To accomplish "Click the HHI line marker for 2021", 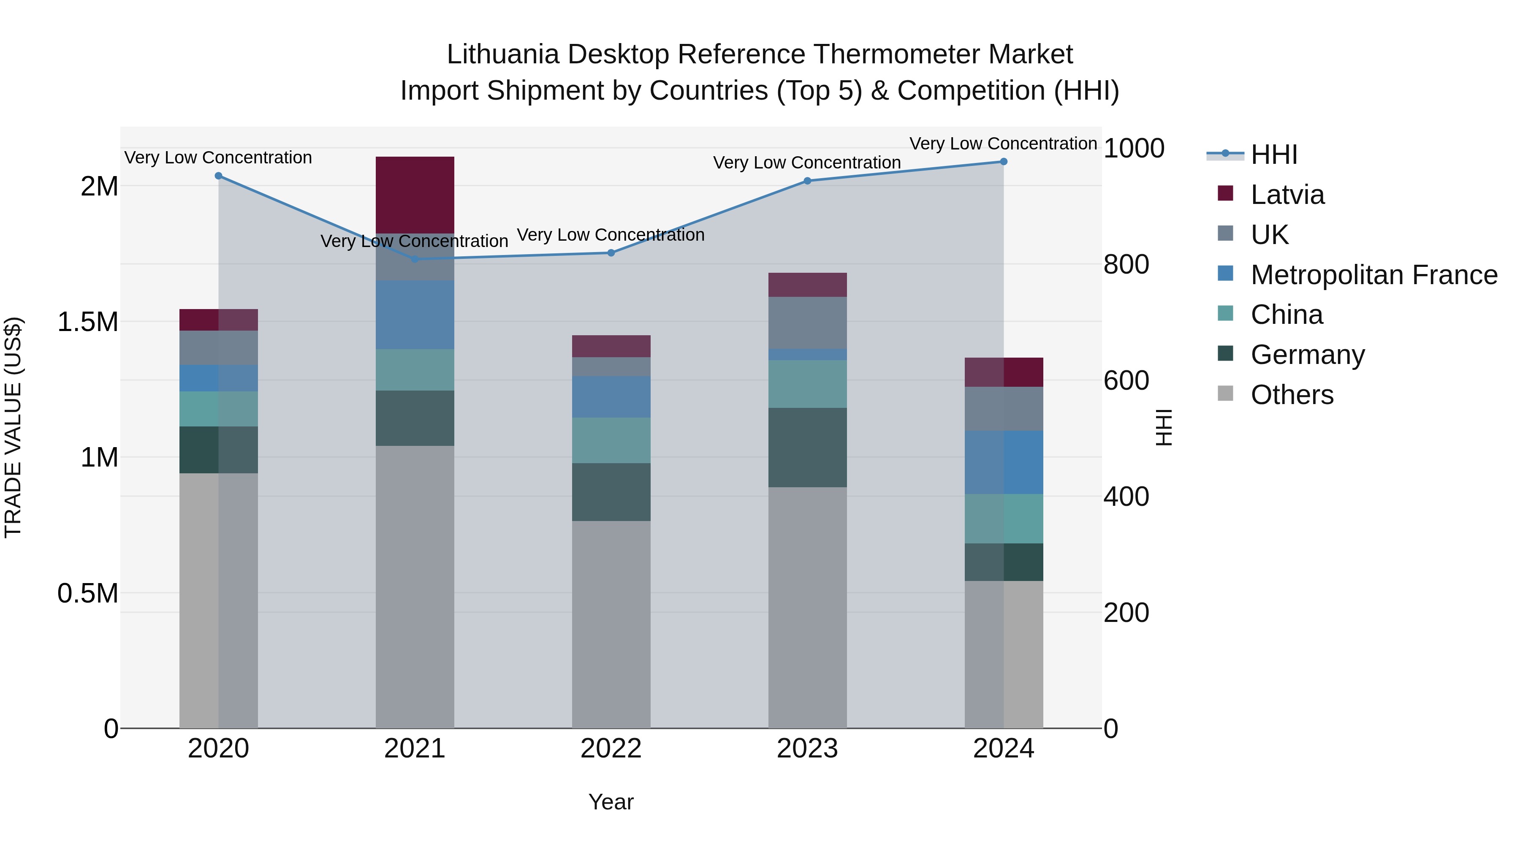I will point(415,259).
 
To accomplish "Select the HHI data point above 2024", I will point(1004,162).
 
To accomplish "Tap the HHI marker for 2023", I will point(808,181).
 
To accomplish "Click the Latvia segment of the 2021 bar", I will point(415,195).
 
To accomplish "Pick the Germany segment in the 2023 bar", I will point(808,447).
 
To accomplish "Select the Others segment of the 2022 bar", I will point(611,624).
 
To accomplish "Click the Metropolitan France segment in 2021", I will point(415,315).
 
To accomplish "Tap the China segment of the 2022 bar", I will point(611,440).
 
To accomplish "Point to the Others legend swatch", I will point(1226,394).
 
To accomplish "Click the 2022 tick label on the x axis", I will point(611,749).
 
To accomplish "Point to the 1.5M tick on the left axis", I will point(88,322).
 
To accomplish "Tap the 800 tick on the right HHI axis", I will point(1126,264).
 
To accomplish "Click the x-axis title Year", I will point(611,802).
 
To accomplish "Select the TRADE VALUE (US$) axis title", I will point(13,427).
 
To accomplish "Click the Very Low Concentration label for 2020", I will point(218,157).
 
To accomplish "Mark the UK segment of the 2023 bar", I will point(808,323).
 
